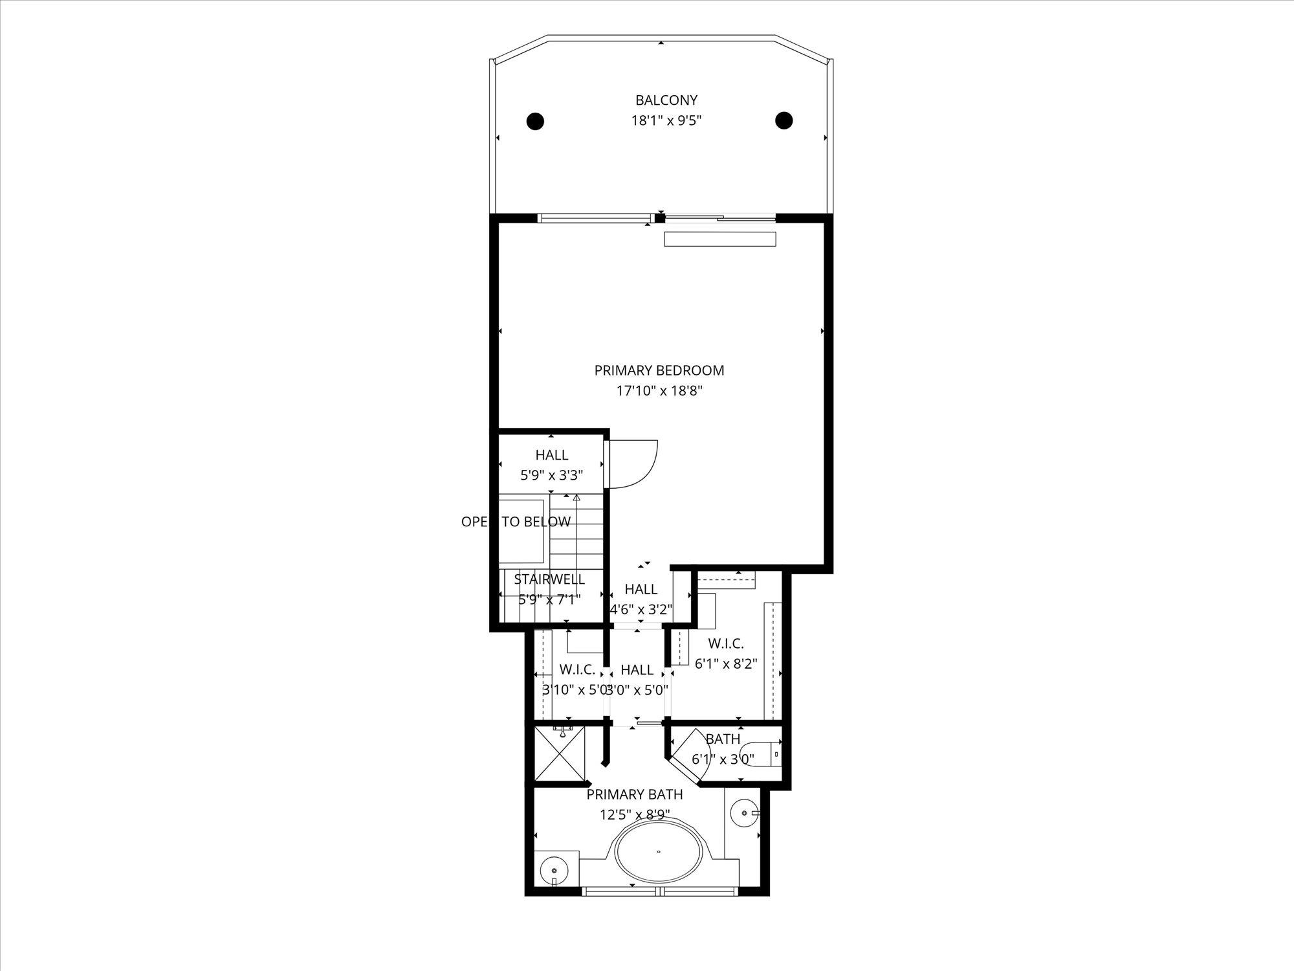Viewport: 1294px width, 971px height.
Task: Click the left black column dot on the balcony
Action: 534,121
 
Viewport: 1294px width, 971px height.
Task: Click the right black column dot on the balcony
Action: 784,120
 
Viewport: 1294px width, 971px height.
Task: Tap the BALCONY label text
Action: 666,100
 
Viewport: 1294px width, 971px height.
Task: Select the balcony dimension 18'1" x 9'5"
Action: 666,120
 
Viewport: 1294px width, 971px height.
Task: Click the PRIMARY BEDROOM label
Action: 659,370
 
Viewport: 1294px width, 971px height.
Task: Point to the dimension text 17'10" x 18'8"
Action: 659,391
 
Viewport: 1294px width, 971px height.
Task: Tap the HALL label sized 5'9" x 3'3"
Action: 551,455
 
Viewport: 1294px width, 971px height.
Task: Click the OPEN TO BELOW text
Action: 516,522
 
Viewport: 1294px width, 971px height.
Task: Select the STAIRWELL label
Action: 549,579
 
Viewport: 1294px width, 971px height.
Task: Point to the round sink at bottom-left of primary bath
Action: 554,867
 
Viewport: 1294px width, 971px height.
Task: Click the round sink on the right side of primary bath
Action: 745,812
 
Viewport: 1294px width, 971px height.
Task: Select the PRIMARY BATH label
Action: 634,794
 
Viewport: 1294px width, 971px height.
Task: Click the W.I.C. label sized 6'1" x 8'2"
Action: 725,643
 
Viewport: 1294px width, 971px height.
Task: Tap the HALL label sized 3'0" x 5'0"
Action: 637,669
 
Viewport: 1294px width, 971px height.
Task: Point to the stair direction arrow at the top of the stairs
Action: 576,498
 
